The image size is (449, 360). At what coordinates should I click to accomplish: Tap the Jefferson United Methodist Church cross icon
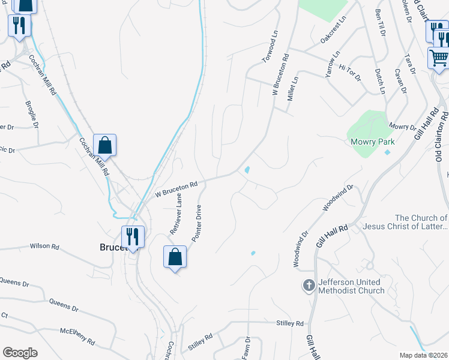[x=309, y=286]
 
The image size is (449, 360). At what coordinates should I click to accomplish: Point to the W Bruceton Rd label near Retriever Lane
[x=176, y=190]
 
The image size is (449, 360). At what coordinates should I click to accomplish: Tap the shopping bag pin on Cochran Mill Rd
[x=104, y=146]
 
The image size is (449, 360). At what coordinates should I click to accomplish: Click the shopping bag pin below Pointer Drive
[x=175, y=257]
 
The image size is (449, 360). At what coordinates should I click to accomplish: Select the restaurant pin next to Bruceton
[x=133, y=236]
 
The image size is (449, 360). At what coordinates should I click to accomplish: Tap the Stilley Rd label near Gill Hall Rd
[x=290, y=323]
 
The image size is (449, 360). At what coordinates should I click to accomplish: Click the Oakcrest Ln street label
[x=333, y=29]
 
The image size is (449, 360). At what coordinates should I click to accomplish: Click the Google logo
[x=20, y=353]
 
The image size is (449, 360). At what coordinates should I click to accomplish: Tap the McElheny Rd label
[x=77, y=336]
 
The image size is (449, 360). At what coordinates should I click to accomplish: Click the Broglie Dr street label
[x=31, y=113]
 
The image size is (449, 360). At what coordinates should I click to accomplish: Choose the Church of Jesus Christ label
[x=421, y=222]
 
